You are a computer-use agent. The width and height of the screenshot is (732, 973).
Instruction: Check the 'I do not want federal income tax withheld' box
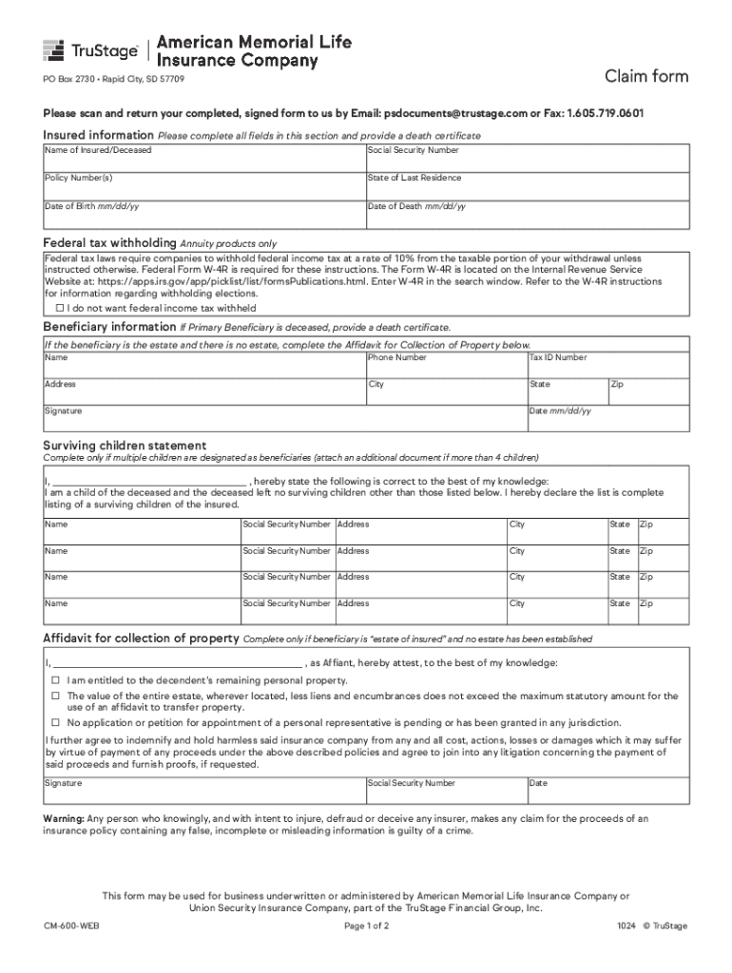pos(60,309)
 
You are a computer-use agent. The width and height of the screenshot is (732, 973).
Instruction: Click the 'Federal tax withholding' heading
pos(109,243)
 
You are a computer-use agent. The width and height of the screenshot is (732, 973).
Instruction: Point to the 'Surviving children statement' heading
pos(125,445)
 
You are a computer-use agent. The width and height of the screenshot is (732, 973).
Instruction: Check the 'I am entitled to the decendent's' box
pos(55,680)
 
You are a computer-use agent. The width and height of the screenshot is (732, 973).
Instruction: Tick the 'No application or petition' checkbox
pos(55,722)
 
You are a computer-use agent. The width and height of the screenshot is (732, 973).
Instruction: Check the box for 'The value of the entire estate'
pos(55,696)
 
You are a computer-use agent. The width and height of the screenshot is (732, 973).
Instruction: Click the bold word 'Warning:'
pos(64,818)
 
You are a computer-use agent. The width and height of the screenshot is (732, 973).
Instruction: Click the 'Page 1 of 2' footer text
pos(365,925)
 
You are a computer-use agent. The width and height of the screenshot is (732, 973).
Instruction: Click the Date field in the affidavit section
pos(608,791)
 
